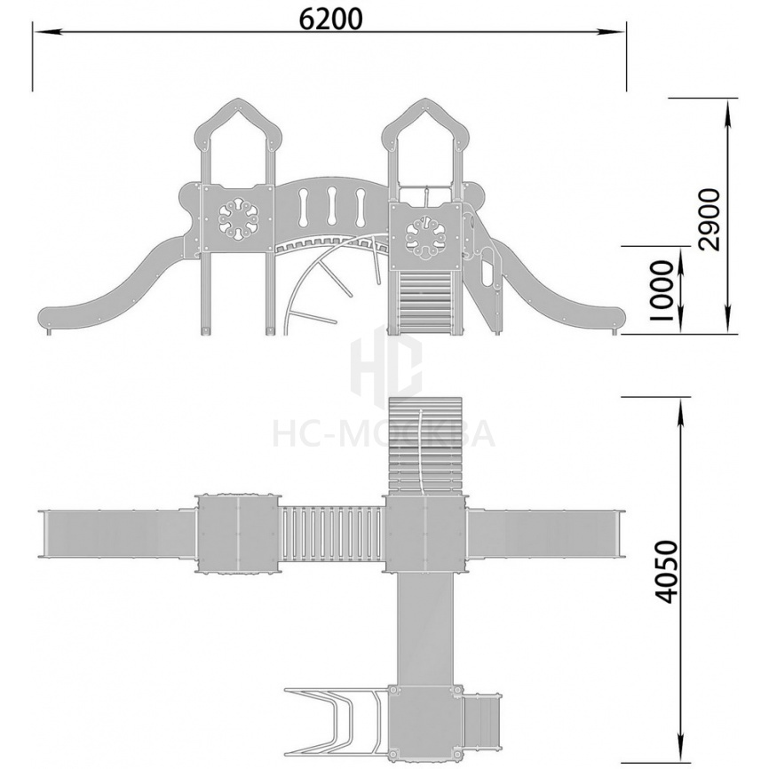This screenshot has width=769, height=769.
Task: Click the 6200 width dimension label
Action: point(330,19)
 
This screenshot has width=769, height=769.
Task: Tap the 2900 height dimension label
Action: point(710,220)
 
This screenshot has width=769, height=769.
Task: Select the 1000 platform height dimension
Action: point(661,291)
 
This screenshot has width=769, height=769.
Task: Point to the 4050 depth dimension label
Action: point(667,572)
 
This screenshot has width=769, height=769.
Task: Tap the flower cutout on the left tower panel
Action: point(238,218)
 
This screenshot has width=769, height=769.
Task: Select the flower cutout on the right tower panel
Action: point(424,239)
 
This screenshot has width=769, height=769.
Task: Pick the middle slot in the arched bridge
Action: point(332,207)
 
